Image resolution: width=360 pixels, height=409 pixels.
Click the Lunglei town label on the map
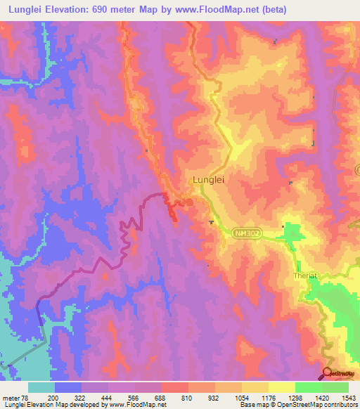[208, 180]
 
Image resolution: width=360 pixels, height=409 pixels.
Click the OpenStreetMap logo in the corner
[341, 373]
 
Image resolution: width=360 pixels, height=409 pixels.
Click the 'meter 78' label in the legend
[15, 397]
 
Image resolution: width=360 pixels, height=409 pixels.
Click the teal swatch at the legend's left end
[41, 387]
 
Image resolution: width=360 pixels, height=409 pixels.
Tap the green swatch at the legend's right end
[335, 387]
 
